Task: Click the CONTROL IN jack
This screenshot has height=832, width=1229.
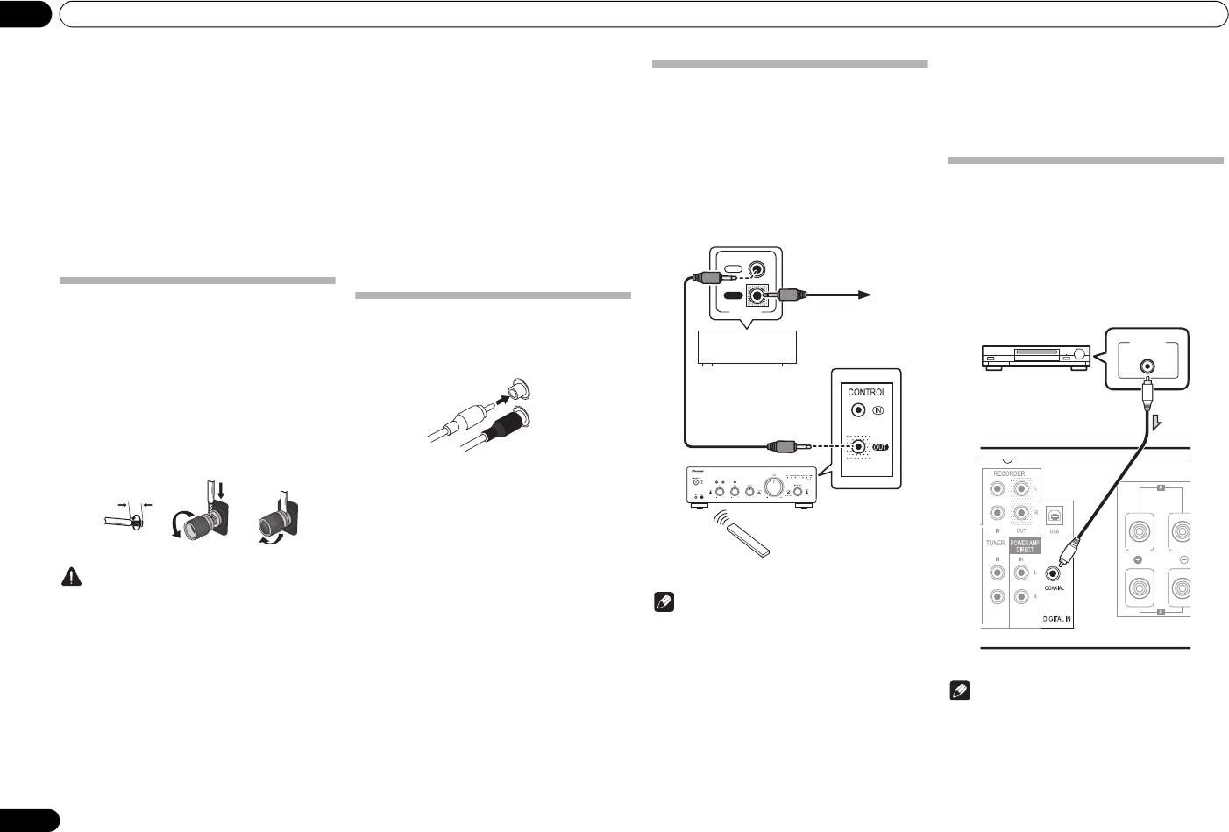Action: [859, 409]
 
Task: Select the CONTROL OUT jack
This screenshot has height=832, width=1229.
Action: [859, 446]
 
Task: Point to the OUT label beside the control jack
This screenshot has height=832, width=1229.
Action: [881, 446]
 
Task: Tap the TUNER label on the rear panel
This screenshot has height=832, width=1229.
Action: [995, 544]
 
